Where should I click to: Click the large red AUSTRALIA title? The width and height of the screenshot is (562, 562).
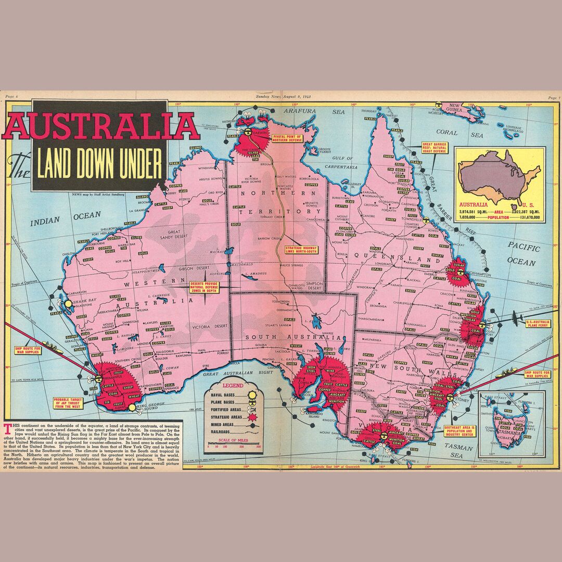point(101,126)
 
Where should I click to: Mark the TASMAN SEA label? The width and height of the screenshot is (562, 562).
point(450,451)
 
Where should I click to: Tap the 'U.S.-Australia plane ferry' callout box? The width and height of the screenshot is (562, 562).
point(540,325)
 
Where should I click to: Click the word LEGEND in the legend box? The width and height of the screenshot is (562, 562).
point(233,386)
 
